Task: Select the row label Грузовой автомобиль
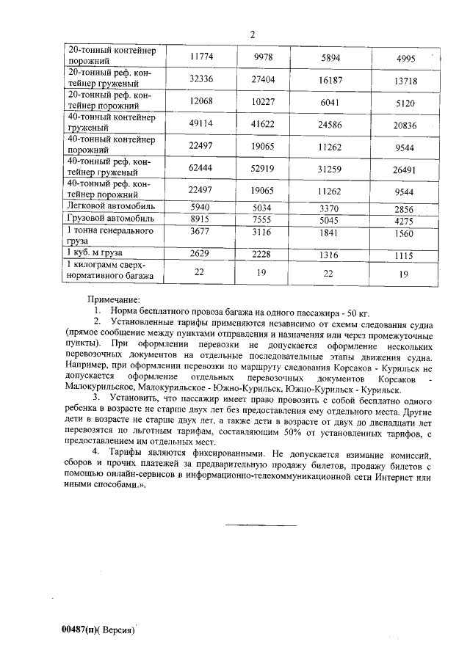click(x=111, y=219)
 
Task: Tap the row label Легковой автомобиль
click(x=110, y=208)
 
